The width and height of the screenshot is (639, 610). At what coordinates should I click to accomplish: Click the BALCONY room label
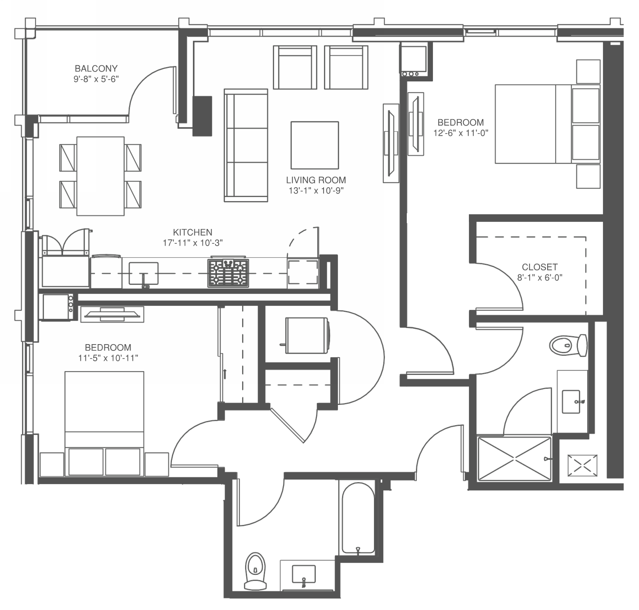click(96, 68)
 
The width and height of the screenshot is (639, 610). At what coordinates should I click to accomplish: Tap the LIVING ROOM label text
click(316, 180)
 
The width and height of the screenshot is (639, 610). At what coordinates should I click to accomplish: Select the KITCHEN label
click(193, 232)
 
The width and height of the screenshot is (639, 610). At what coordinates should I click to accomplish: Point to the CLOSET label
click(540, 267)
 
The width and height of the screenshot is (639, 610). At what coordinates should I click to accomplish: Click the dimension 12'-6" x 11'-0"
click(460, 133)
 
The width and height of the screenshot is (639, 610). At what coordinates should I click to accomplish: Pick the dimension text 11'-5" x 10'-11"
click(108, 358)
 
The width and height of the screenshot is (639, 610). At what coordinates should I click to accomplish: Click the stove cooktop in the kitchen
click(228, 273)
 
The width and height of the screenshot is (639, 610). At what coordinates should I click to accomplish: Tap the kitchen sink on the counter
click(144, 273)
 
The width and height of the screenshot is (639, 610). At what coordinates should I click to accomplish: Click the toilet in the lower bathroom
click(255, 570)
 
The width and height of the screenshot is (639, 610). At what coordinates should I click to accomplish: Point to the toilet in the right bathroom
click(568, 345)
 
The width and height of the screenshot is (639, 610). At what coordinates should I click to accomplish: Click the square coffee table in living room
click(315, 144)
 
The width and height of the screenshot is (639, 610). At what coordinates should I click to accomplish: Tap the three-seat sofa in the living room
click(246, 145)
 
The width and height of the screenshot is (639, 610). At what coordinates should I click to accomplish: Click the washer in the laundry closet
click(306, 336)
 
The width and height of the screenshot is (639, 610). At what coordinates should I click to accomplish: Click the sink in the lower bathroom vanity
click(303, 575)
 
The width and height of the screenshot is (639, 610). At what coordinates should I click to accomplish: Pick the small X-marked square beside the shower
click(582, 466)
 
